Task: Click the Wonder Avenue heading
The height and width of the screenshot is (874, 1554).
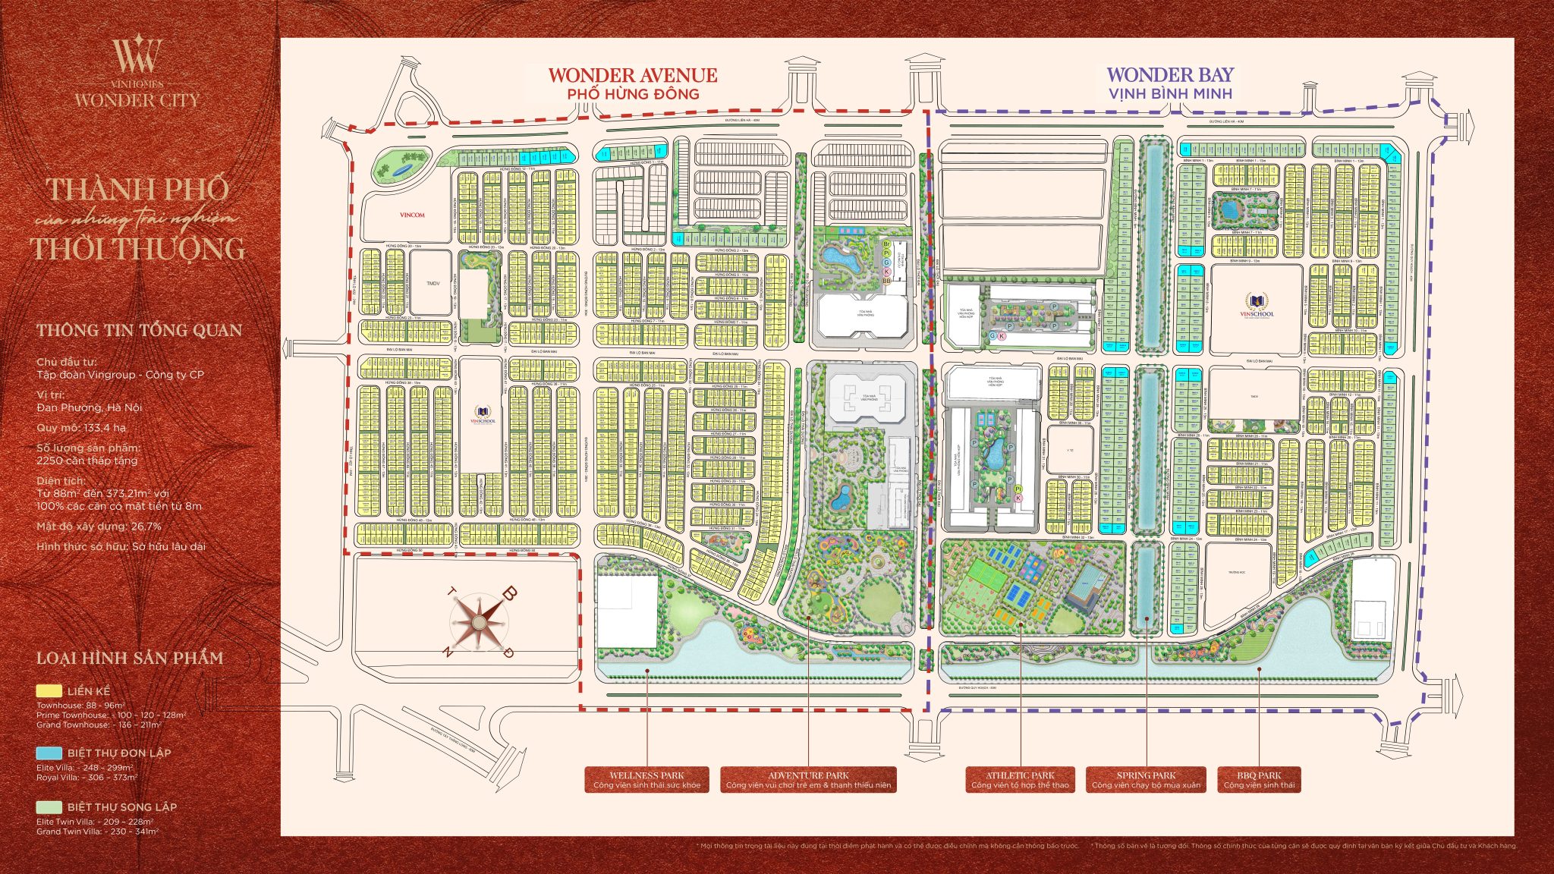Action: tap(632, 75)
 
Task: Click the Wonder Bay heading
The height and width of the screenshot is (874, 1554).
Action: tap(1170, 74)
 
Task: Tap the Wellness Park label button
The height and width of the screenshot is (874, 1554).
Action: tap(646, 780)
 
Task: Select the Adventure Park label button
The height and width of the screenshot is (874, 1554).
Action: tap(808, 780)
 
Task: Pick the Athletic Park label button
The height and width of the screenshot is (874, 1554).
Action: tap(1020, 780)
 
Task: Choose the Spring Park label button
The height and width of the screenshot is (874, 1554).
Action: tap(1146, 780)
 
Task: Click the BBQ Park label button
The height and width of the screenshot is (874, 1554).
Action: tap(1259, 780)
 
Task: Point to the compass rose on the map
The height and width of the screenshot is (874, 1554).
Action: tap(480, 622)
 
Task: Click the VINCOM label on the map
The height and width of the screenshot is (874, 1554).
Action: tap(412, 215)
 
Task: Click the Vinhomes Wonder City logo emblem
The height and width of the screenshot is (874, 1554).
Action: tap(137, 55)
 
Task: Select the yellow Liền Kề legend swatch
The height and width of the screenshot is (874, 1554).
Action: tap(49, 691)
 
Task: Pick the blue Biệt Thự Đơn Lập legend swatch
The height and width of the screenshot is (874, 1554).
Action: tap(49, 753)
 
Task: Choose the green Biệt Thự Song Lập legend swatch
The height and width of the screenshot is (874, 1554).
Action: tap(49, 806)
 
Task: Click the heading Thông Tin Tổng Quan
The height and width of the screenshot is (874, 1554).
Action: tap(139, 330)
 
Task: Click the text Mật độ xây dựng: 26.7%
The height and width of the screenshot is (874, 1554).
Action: tap(99, 527)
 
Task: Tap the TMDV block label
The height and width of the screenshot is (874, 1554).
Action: tap(433, 283)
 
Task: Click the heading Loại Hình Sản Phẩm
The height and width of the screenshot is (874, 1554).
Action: tap(130, 658)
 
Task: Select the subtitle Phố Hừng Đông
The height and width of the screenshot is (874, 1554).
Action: tap(633, 94)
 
